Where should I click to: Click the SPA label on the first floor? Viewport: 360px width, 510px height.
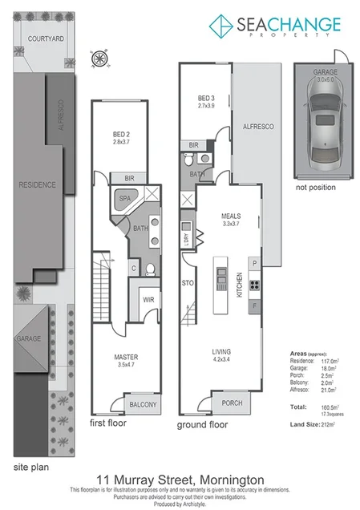125,197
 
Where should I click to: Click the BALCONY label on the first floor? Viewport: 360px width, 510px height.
142,404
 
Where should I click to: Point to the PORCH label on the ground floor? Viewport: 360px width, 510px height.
232,403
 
